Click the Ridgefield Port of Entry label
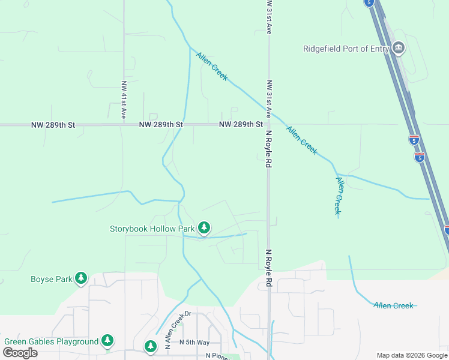346,49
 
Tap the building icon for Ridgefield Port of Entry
398,49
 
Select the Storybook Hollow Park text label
152,229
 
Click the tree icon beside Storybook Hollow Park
204,228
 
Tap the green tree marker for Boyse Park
81,278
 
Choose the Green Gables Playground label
51,341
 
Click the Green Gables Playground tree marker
107,341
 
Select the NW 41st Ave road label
124,100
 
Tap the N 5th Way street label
194,342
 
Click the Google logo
20,353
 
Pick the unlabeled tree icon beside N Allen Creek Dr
150,346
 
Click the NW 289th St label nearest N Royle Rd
241,125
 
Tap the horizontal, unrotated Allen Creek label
393,305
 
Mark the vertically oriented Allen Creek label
339,196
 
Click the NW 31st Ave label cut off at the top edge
269,17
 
